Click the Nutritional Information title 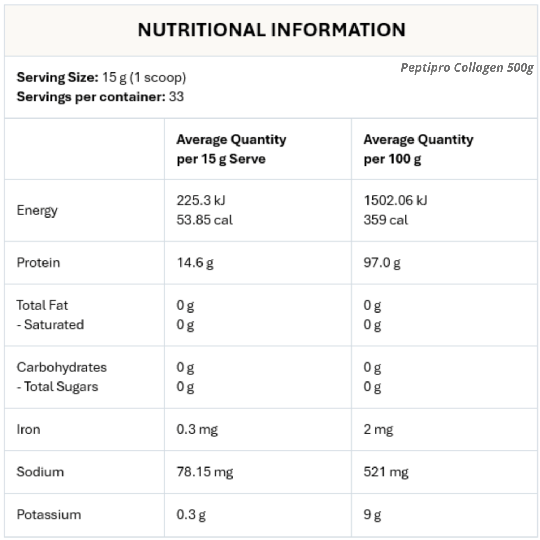(x=271, y=30)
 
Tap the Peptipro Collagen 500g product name (x=467, y=67)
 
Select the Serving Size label (x=57, y=77)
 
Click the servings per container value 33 (x=176, y=97)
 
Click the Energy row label (x=37, y=210)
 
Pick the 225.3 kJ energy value (x=201, y=200)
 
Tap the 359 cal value (x=386, y=220)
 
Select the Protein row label (x=38, y=262)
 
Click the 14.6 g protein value (x=195, y=262)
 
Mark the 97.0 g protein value (x=382, y=262)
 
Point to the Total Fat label (x=42, y=305)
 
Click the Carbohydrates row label (x=61, y=367)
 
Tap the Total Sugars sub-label (x=61, y=387)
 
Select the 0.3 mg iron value (x=197, y=429)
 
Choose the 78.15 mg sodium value (x=204, y=472)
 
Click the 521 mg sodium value (x=386, y=472)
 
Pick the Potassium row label (x=49, y=515)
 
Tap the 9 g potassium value (x=372, y=515)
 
